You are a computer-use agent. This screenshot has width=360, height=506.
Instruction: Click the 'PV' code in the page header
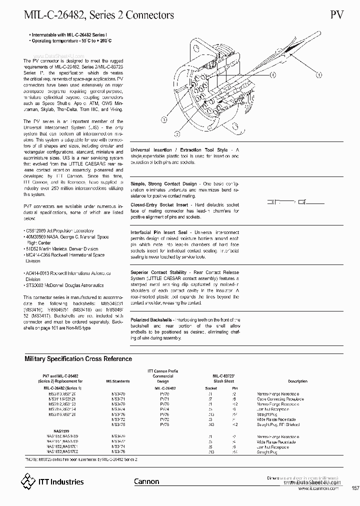pos(337,14)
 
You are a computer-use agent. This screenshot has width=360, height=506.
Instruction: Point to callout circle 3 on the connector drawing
pos(163,119)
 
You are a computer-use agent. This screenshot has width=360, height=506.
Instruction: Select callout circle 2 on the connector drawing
pos(177,133)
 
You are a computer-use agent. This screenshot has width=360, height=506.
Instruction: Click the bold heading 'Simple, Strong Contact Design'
pos(163,184)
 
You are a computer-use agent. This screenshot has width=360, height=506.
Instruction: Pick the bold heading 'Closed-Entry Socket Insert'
pos(159,204)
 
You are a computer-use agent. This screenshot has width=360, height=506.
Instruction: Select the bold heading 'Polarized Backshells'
pos(151,319)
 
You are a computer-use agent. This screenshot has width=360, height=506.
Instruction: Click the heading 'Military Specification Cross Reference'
pos(78,358)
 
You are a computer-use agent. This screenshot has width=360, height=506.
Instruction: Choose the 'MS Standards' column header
pos(118,381)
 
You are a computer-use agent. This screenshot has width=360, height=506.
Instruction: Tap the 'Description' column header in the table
pos(297,381)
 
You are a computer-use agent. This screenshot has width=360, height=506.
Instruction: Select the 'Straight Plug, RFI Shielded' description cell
pos(278,424)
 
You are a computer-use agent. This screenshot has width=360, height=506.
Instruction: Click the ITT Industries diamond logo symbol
pos(28,481)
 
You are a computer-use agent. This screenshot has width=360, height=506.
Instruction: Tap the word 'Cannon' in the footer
pos(146,481)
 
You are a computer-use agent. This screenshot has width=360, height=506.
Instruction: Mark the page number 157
pos(355,488)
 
